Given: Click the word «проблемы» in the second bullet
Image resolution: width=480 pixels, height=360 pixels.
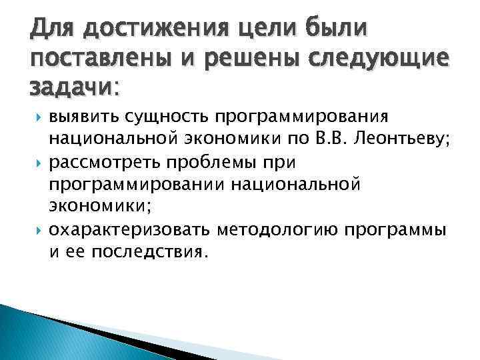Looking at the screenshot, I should [x=215, y=163].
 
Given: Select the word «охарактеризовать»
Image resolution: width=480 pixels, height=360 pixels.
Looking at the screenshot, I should [x=130, y=230].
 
